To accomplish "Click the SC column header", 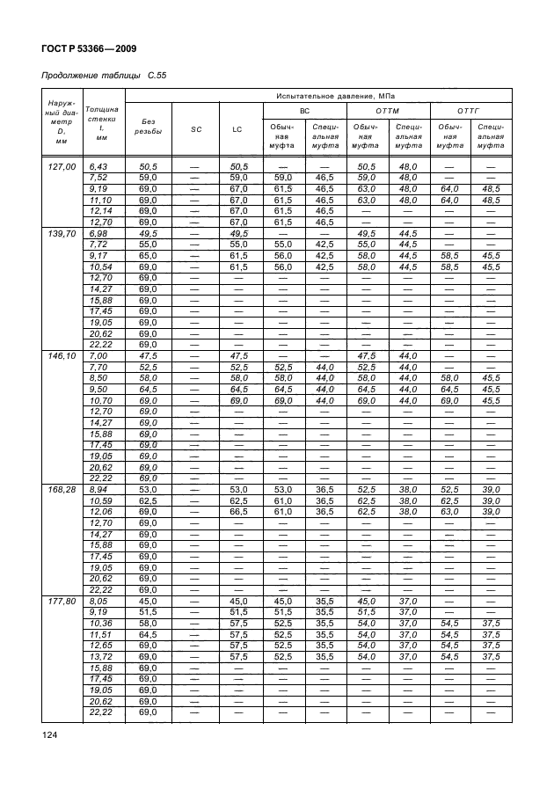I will [195, 129].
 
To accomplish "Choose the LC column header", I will [237, 129].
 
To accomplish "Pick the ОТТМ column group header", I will [388, 110].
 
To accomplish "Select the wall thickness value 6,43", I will [97, 166].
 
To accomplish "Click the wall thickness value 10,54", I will [97, 266].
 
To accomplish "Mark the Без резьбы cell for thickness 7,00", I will [148, 356].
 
